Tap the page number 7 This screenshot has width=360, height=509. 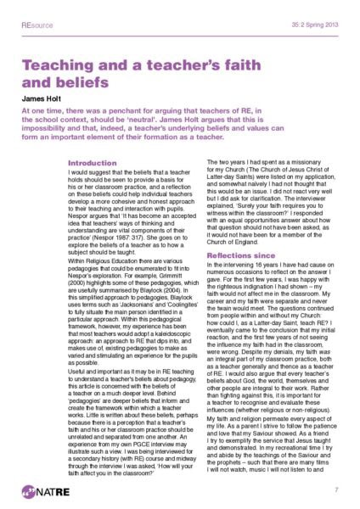(x=337, y=489)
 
